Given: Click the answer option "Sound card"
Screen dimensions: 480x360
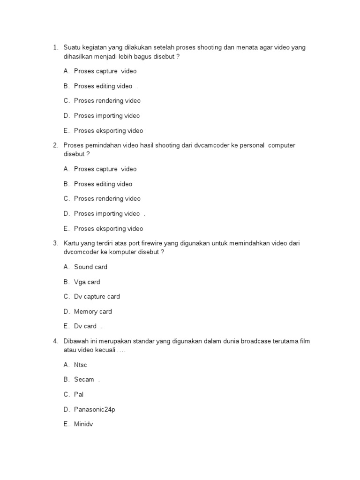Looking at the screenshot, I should [x=90, y=267].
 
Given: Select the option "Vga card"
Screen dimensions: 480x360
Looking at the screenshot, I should [x=87, y=282].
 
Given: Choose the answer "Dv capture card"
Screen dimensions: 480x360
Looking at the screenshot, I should [x=97, y=296].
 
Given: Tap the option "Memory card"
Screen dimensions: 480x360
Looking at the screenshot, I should [x=93, y=311].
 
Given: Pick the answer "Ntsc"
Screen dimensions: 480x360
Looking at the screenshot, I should [x=81, y=365].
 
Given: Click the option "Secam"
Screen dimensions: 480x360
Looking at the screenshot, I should [x=84, y=379].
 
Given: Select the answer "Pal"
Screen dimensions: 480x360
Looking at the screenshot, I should [x=79, y=394].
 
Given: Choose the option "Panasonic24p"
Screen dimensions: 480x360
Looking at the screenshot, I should [x=94, y=409].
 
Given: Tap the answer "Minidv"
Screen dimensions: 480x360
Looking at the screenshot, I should [x=83, y=424].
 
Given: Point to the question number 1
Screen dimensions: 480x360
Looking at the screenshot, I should [x=55, y=47].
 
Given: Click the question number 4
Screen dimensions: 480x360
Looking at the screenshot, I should [x=55, y=341].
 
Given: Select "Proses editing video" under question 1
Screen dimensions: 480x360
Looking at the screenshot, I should [x=103, y=86].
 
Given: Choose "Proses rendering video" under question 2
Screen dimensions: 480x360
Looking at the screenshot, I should [x=107, y=198].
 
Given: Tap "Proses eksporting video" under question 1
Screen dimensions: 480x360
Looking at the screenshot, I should [x=108, y=130].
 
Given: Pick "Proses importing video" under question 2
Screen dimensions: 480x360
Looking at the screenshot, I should [x=107, y=213].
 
